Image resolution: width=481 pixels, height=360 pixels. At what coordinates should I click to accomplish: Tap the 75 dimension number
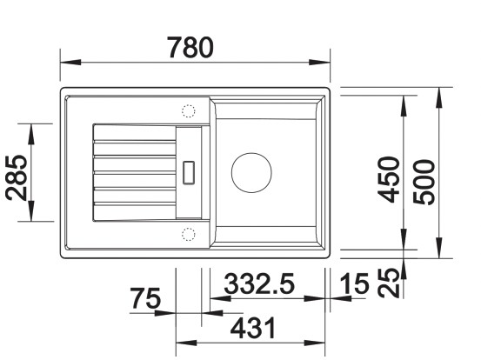145,300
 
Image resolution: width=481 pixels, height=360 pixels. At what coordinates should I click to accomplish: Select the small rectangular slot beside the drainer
189,170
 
